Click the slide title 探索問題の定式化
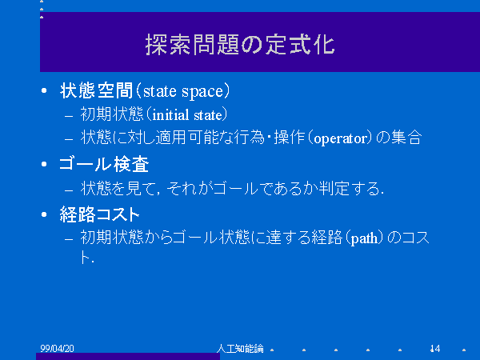pos(240,45)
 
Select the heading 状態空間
pos(97,90)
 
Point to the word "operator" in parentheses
pos(340,138)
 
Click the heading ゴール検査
pos(104,164)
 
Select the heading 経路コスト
pos(100,214)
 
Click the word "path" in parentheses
pos(364,238)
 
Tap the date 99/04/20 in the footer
pos(58,348)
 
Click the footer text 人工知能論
pos(240,348)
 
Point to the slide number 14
pos(435,348)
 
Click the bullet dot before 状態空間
pos(44,90)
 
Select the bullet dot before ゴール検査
pos(44,164)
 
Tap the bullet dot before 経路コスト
pos(44,214)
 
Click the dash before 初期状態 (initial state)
pos(69,116)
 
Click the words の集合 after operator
pos(399,137)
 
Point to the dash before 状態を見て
pos(69,190)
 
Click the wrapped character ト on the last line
pos(85,257)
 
